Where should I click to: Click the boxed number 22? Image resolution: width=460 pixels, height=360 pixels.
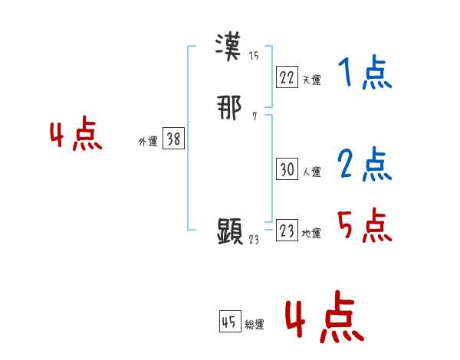[287, 77]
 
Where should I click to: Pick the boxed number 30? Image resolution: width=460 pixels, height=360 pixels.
[287, 170]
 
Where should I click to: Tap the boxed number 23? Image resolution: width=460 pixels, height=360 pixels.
[287, 231]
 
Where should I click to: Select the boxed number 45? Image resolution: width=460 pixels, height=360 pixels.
[229, 322]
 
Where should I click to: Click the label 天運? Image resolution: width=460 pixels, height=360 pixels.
[311, 79]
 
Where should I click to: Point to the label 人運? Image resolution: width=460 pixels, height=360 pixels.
[311, 172]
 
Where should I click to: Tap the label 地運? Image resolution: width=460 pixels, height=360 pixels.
[311, 234]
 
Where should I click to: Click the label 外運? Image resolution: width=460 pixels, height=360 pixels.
[148, 141]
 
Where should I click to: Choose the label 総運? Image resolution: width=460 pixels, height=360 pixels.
[255, 325]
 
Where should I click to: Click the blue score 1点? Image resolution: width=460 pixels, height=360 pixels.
[365, 74]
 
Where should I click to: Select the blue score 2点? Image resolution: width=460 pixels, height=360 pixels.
[365, 165]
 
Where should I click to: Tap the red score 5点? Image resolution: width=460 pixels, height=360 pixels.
[365, 225]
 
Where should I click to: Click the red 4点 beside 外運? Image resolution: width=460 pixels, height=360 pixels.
[76, 136]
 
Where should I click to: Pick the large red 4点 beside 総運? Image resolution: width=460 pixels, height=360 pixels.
[324, 316]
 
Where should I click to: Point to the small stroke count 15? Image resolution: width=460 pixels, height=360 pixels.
[254, 54]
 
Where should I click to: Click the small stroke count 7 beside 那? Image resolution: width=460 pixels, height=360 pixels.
[254, 116]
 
